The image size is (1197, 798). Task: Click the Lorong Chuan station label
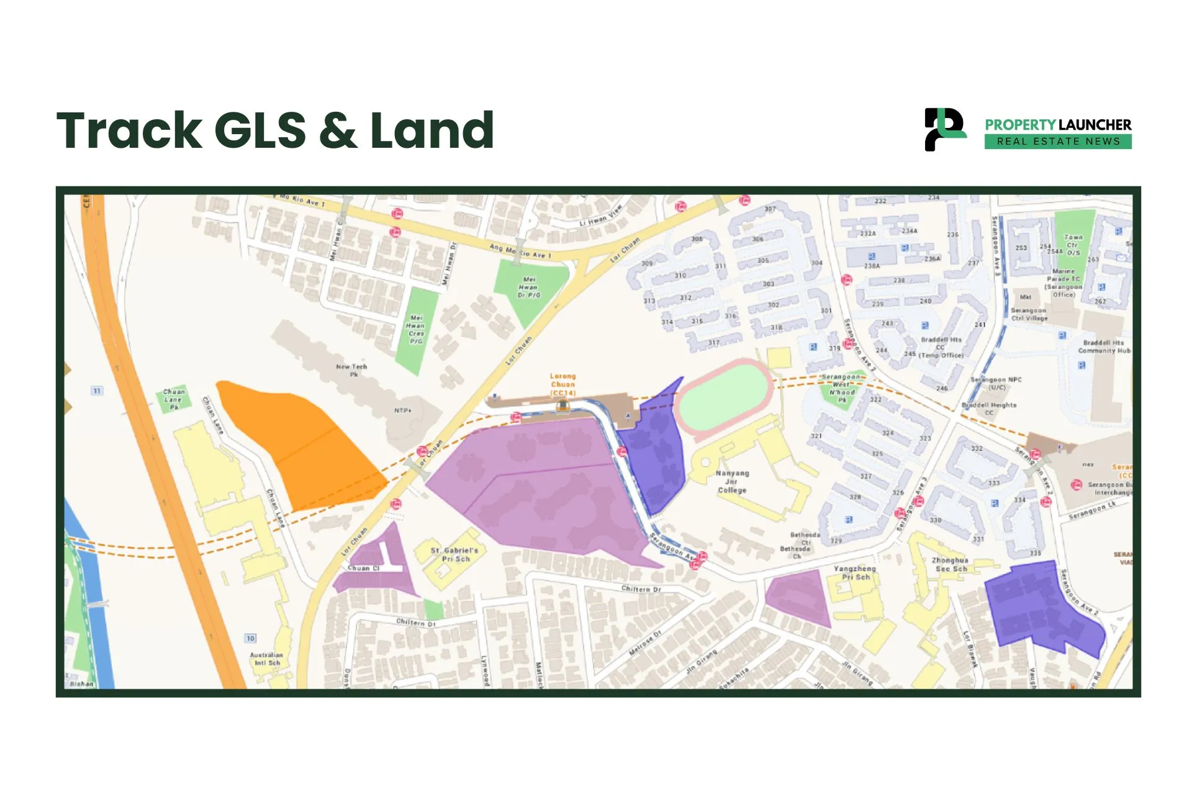pyautogui.click(x=562, y=384)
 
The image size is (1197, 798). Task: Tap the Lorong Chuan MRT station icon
pyautogui.click(x=562, y=406)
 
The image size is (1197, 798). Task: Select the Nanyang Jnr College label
pyautogui.click(x=732, y=481)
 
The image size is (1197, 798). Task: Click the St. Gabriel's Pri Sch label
pyautogui.click(x=455, y=555)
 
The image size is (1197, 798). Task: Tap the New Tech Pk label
pyautogui.click(x=351, y=370)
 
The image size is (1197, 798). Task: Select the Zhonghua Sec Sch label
pyautogui.click(x=950, y=564)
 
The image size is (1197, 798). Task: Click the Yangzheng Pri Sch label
pyautogui.click(x=855, y=573)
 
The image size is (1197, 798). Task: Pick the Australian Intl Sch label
pyautogui.click(x=266, y=658)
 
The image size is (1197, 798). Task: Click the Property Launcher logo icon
pyautogui.click(x=944, y=129)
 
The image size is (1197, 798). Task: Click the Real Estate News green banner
pyautogui.click(x=1058, y=142)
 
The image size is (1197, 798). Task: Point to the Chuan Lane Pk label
pyautogui.click(x=174, y=399)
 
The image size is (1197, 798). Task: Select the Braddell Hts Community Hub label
pyautogui.click(x=1104, y=347)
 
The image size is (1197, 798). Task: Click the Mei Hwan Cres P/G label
pyautogui.click(x=415, y=329)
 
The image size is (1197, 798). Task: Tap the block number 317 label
pyautogui.click(x=714, y=343)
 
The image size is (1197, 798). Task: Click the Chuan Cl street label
pyautogui.click(x=363, y=568)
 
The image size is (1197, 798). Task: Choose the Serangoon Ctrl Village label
pyautogui.click(x=1029, y=314)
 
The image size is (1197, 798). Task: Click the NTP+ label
pyautogui.click(x=403, y=410)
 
